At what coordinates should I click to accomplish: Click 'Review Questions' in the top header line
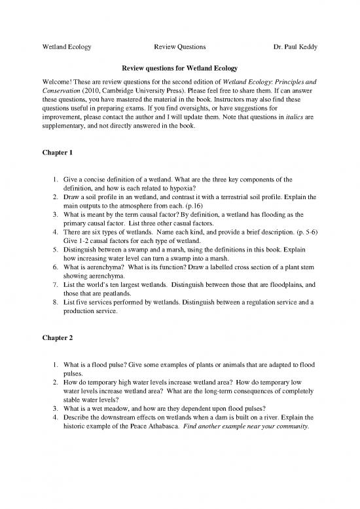[x=180, y=47]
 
